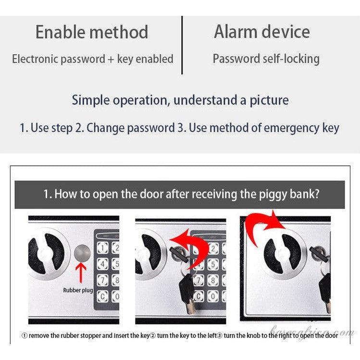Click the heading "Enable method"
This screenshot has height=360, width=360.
point(92,32)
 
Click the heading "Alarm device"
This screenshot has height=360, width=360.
point(262,32)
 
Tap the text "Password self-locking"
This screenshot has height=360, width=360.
point(266,59)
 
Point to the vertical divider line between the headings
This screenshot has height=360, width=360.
point(182,45)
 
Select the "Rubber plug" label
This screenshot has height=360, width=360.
point(78,290)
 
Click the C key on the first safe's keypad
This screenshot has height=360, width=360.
point(102,296)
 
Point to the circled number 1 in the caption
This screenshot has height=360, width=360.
point(24,335)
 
